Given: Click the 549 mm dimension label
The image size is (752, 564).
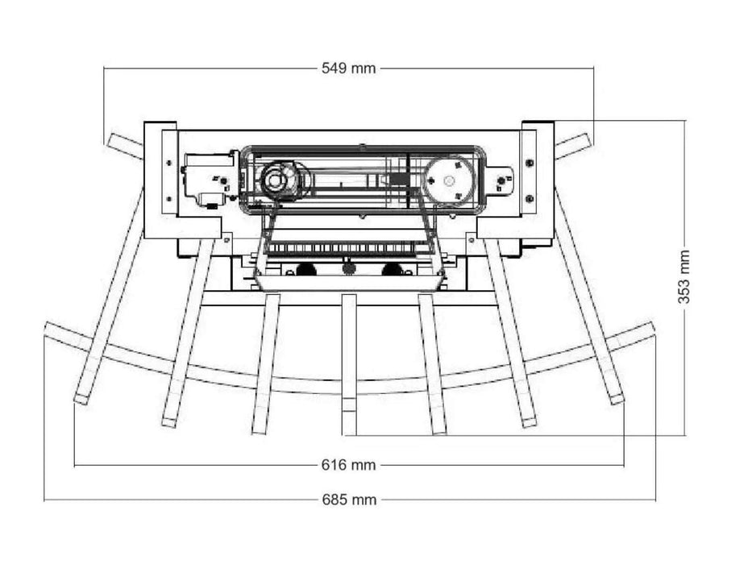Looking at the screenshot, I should click(x=348, y=68).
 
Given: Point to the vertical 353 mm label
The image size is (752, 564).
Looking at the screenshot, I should click(x=684, y=277).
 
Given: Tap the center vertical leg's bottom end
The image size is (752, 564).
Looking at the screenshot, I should click(x=349, y=425).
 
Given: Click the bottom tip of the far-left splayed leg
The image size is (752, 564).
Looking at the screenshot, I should click(x=81, y=398).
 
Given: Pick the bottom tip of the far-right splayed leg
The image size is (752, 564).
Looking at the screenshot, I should click(x=617, y=398).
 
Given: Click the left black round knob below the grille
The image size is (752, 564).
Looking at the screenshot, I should click(x=305, y=269).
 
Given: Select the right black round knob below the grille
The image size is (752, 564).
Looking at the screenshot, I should click(x=392, y=269).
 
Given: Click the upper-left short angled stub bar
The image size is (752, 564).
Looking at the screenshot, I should click(x=125, y=146).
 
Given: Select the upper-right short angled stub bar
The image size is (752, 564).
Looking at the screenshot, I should click(x=573, y=146).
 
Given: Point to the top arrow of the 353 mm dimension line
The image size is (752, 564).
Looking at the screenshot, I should click(x=684, y=123).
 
